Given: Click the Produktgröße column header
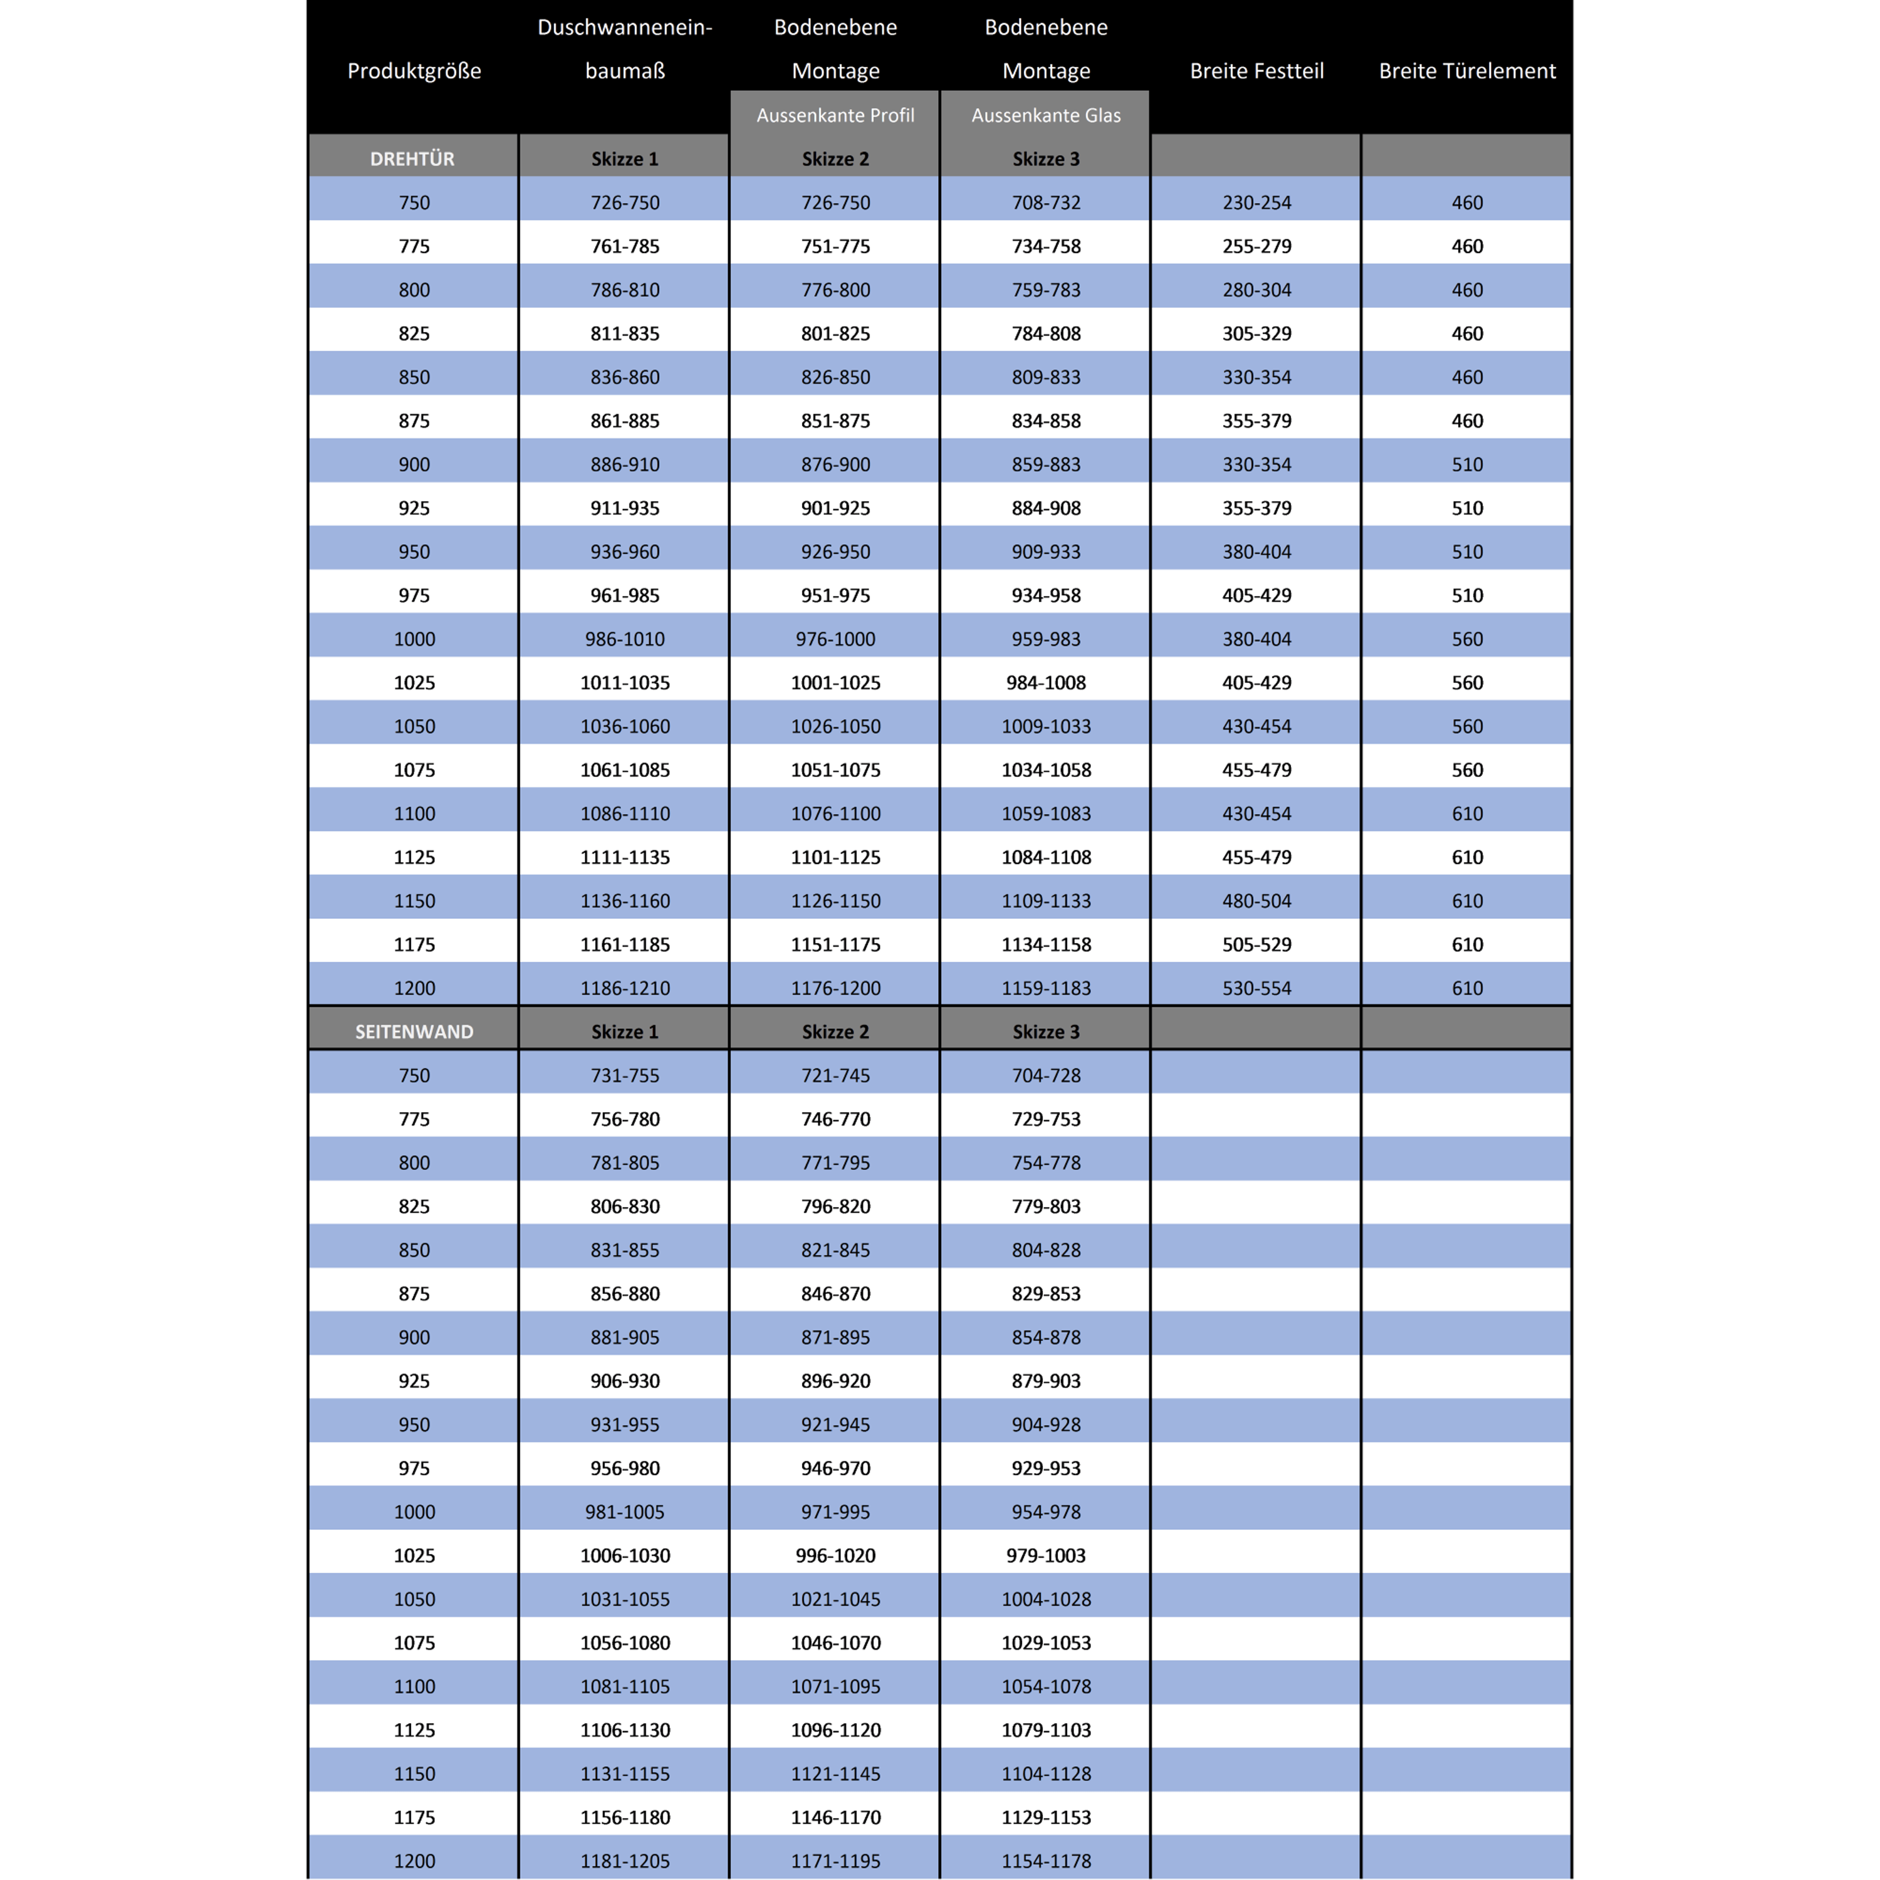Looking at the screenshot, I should (414, 71).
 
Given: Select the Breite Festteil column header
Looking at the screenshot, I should (1256, 71).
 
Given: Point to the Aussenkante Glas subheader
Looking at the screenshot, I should (1045, 115).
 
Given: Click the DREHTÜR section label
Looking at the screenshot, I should (412, 159).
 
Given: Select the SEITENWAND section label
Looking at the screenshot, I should (414, 1031).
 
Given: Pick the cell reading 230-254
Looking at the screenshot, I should (1256, 202).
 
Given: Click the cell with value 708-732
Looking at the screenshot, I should (1045, 202).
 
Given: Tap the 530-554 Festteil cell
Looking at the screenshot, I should (1256, 988).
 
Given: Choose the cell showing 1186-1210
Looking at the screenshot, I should (625, 988).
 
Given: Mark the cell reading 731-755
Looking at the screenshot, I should (625, 1075).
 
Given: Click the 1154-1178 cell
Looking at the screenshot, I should (1045, 1861).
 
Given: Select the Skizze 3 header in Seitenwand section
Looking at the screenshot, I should (1045, 1031).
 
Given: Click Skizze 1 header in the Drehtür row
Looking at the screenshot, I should (625, 159).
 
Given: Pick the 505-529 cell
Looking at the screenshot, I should (1256, 944).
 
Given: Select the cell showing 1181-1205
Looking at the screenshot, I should (625, 1861).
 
